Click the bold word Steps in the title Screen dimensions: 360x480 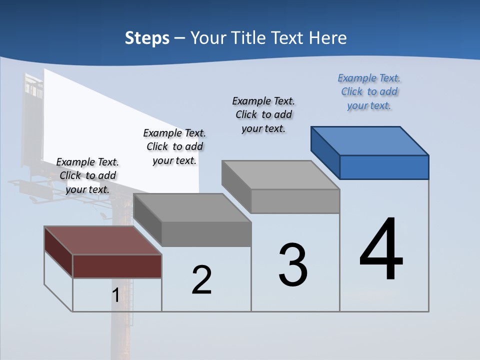pos(147,38)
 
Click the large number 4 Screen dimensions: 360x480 pos(381,249)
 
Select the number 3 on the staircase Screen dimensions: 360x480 pos(293,265)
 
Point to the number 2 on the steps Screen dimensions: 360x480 pos(201,279)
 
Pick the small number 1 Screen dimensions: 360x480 pos(115,295)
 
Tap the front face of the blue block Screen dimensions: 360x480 pos(384,167)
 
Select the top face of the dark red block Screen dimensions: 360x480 pos(103,240)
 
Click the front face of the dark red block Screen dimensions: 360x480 pos(117,266)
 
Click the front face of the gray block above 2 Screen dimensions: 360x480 pos(206,234)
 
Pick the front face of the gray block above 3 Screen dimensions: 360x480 pos(295,201)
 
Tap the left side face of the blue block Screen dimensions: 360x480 pos(325,152)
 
